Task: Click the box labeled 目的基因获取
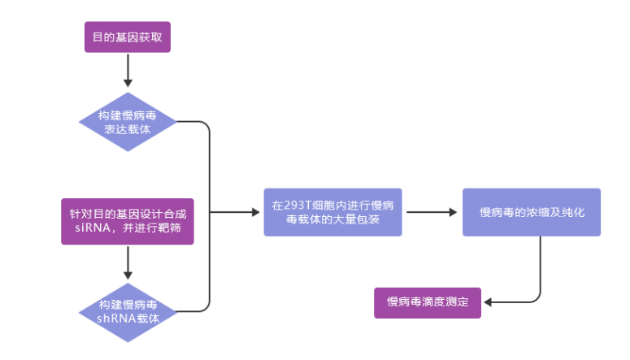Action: point(128,37)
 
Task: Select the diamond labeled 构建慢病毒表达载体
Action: point(128,122)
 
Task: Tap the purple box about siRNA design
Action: point(128,221)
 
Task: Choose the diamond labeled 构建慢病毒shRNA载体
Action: point(128,311)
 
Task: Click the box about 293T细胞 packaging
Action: point(332,213)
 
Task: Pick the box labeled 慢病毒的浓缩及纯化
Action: point(532,213)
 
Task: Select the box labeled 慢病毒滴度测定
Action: point(428,302)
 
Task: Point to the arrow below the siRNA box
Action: point(128,263)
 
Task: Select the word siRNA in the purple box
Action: point(82,228)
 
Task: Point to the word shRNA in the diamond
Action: point(114,319)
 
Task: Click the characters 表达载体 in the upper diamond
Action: point(128,129)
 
